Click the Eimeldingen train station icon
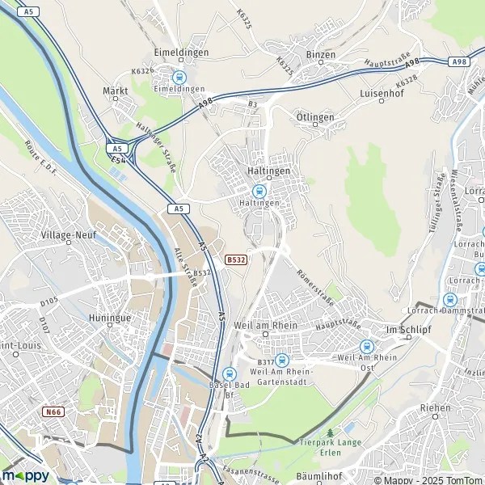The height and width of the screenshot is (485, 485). tap(179, 78)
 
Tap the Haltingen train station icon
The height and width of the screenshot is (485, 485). tap(259, 192)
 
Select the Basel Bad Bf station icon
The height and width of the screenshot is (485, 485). tap(229, 373)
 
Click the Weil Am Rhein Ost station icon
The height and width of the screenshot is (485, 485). tap(366, 346)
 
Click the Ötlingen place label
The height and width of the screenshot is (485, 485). tap(315, 117)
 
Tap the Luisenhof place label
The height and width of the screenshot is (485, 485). tap(381, 94)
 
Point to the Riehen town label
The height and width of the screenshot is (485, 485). tap(435, 408)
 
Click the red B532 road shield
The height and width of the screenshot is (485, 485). tap(235, 259)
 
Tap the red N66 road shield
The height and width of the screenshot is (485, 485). tap(53, 412)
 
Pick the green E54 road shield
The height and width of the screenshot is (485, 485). tap(118, 160)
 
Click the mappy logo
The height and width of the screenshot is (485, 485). tap(26, 475)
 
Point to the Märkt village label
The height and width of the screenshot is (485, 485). tap(116, 91)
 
